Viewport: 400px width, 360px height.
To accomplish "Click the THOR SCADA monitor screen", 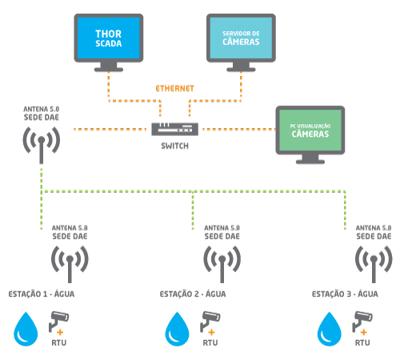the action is coord(109,38).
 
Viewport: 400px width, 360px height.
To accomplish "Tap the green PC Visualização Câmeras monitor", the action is coord(310,134).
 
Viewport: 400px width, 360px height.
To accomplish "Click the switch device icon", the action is coord(174,129).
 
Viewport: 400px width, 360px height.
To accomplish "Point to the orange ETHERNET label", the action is coord(174,89).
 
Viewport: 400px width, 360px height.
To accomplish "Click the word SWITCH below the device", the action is coord(174,146).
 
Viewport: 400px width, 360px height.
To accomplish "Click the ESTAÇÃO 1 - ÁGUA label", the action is coord(42,294).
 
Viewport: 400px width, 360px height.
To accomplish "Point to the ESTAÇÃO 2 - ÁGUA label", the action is coord(193,294).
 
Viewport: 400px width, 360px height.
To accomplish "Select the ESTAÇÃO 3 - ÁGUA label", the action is coord(345,294).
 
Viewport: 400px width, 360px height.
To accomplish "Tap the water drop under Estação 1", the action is coord(26,330).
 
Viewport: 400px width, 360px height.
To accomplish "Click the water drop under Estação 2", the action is coord(178,330).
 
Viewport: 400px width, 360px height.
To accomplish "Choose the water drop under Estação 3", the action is coord(330,330).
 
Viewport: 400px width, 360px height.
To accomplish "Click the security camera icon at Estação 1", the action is coord(58,321).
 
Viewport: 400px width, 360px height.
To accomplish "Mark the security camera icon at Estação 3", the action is coord(362,321).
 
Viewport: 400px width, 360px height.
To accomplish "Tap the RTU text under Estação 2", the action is coord(210,342).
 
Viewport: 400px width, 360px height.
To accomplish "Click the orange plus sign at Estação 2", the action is coord(211,332).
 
